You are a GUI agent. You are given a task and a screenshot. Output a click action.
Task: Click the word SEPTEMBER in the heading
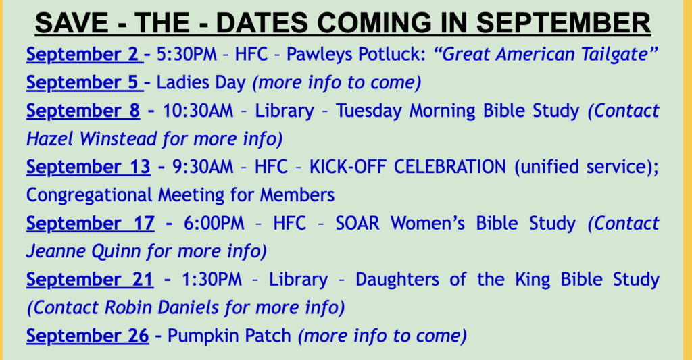pyautogui.click(x=564, y=23)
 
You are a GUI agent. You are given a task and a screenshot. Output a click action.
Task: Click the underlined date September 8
pyautogui.click(x=83, y=111)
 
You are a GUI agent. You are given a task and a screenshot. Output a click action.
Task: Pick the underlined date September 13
pyautogui.click(x=89, y=168)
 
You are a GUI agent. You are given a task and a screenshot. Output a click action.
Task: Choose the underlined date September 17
pyautogui.click(x=91, y=224)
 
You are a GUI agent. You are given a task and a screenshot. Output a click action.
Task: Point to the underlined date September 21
pyautogui.click(x=90, y=280)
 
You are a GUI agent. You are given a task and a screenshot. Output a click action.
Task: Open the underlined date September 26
pyautogui.click(x=88, y=336)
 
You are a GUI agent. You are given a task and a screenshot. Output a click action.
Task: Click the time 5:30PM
pyautogui.click(x=187, y=55)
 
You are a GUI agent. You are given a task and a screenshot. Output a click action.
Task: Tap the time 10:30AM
pyautogui.click(x=198, y=111)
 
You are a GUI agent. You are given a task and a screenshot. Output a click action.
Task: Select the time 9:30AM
pyautogui.click(x=203, y=168)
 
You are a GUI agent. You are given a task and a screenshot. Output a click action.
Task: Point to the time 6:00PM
pyautogui.click(x=214, y=224)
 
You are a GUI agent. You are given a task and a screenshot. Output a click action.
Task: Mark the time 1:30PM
pyautogui.click(x=212, y=280)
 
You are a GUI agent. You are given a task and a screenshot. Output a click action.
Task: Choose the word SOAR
pyautogui.click(x=357, y=224)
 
